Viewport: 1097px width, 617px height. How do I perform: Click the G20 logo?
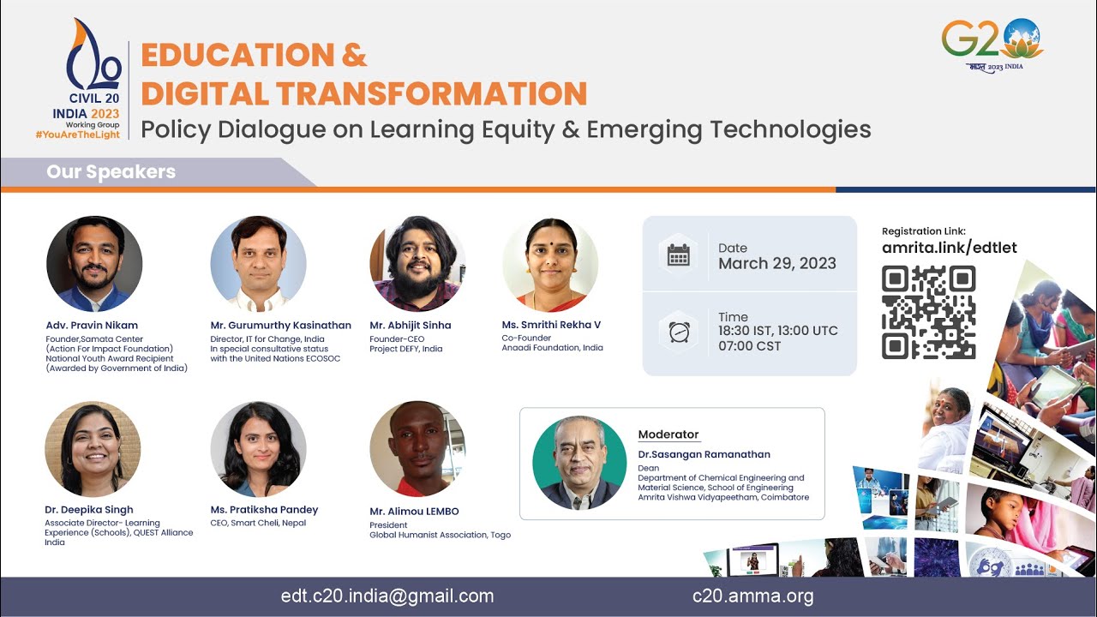pos(992,43)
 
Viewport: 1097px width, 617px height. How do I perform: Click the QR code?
pos(928,312)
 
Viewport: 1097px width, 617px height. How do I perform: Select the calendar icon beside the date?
pos(678,255)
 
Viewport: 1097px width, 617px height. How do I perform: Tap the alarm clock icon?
pos(678,332)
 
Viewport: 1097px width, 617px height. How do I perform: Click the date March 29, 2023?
pos(776,263)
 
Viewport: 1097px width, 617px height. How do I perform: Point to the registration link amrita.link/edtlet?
pos(949,248)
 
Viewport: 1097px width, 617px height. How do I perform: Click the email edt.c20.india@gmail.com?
pos(387,596)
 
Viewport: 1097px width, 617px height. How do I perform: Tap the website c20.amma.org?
pos(752,596)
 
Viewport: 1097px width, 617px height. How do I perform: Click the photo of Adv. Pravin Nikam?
pos(94,264)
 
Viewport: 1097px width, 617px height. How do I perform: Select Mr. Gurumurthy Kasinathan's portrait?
pos(259,264)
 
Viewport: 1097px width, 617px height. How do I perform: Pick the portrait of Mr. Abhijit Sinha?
pos(417,264)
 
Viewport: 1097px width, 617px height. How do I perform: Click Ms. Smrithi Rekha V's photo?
pos(550,264)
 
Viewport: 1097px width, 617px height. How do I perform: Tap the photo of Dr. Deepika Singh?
pos(93,449)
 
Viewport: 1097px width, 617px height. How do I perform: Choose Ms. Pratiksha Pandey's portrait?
pos(258,449)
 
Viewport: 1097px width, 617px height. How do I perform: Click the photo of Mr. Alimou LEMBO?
pos(417,449)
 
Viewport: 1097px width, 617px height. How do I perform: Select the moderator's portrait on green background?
pos(580,463)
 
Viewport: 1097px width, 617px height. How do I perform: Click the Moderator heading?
pos(668,434)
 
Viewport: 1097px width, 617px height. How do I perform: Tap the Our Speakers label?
pos(111,171)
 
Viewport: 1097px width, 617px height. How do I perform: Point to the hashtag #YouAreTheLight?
pos(77,135)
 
